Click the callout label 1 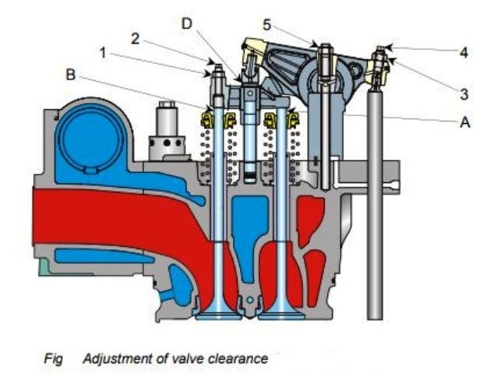pyautogui.click(x=103, y=53)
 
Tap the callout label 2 pyautogui.click(x=135, y=38)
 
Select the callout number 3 pyautogui.click(x=464, y=94)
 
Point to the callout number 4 pyautogui.click(x=464, y=52)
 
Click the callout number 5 pyautogui.click(x=267, y=25)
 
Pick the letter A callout pyautogui.click(x=465, y=122)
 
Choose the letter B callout pyautogui.click(x=71, y=74)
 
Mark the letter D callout pyautogui.click(x=187, y=23)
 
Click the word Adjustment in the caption pyautogui.click(x=120, y=358)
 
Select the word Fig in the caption pyautogui.click(x=53, y=358)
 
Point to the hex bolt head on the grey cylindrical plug pyautogui.click(x=167, y=104)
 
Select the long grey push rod pyautogui.click(x=375, y=203)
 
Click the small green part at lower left pyautogui.click(x=43, y=267)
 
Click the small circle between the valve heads pyautogui.click(x=250, y=300)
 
